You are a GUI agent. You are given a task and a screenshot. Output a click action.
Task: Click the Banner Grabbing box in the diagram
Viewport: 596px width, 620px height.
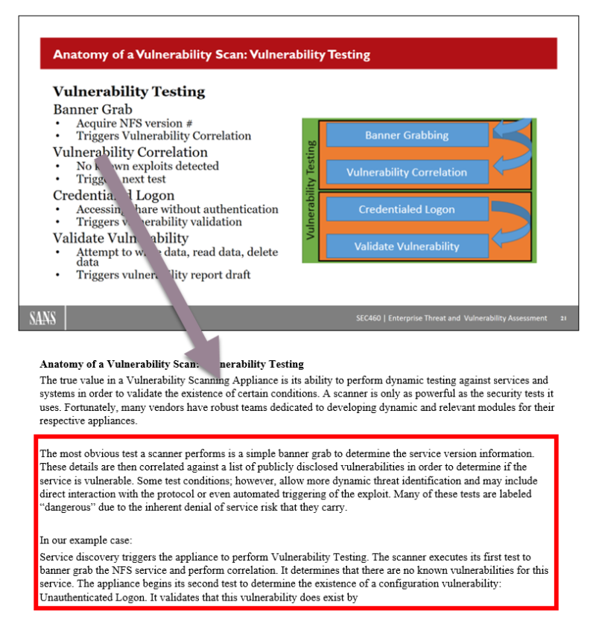407,135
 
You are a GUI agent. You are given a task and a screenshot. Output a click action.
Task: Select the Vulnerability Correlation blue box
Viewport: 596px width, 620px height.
407,172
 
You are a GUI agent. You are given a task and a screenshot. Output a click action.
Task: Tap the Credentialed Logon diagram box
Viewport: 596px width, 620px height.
407,210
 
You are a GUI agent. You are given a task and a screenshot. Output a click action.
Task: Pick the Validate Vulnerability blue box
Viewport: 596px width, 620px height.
407,246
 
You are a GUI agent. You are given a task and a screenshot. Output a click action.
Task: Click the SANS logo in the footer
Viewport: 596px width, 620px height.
42,319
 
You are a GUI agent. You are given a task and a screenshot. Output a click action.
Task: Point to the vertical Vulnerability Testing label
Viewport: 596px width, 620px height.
311,190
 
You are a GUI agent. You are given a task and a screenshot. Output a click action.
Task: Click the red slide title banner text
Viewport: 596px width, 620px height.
212,54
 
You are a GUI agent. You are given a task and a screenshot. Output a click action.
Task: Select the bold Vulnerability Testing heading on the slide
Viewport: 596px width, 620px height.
129,92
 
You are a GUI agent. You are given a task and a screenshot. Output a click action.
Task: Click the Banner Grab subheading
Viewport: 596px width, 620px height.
92,109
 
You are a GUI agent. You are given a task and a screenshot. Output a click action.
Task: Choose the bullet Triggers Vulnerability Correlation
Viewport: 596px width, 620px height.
163,135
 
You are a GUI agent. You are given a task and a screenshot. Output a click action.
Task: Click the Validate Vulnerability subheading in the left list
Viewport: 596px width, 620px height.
120,238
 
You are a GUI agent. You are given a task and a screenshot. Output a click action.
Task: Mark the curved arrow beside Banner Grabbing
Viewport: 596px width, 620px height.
511,138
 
